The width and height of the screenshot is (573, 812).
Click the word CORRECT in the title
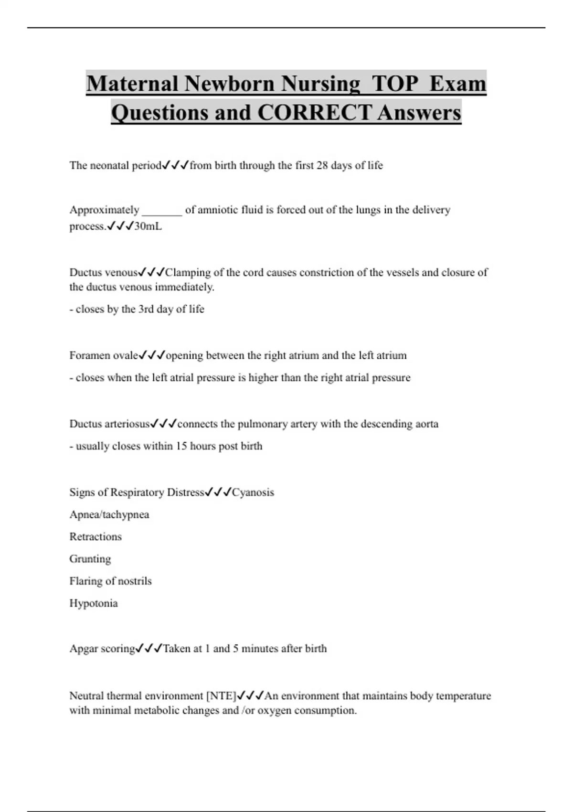pos(314,113)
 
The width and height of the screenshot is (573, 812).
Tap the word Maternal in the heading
pos(133,84)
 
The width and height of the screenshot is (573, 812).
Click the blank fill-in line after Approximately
pos(162,211)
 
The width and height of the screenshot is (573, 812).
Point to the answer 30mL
pos(148,226)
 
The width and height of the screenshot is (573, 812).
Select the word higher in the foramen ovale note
pos(263,377)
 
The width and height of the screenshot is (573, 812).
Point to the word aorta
pos(426,424)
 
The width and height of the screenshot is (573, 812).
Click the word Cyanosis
pos(253,492)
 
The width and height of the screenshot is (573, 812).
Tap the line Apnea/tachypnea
pos(109,514)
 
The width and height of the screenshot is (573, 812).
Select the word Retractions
pos(95,536)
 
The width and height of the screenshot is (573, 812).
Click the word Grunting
pos(90,559)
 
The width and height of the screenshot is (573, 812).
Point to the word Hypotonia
pos(94,603)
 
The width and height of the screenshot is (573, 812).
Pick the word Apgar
pos(84,649)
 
